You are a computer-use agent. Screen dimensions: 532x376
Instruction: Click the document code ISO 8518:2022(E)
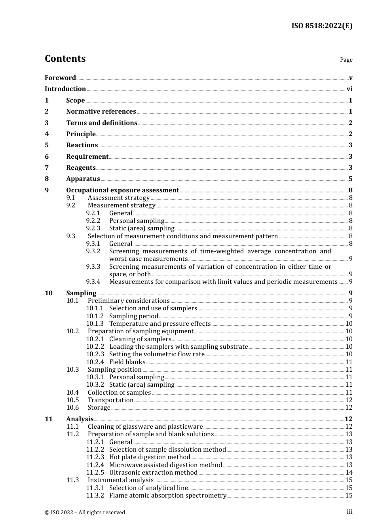click(x=322, y=26)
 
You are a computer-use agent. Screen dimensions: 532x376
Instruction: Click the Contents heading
click(x=65, y=59)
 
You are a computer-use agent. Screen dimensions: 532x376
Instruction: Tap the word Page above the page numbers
click(x=346, y=60)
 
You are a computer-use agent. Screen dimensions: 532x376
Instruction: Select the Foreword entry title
click(x=60, y=78)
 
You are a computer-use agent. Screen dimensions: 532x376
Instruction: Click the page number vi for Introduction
click(x=349, y=89)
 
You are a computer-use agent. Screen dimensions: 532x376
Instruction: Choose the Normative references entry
click(x=101, y=112)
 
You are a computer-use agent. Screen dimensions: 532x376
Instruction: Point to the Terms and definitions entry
click(x=102, y=123)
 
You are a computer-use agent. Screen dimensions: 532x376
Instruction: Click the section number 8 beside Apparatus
click(x=47, y=179)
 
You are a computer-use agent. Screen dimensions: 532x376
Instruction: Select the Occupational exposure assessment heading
click(x=122, y=190)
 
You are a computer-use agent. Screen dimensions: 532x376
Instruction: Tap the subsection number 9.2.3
click(x=93, y=228)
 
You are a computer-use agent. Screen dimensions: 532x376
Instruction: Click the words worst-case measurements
click(x=148, y=259)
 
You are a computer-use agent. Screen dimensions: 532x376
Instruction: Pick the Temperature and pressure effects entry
click(x=160, y=324)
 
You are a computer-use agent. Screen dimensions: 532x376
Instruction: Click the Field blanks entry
click(x=127, y=362)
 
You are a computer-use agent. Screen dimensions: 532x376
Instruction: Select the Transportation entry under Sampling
click(x=110, y=400)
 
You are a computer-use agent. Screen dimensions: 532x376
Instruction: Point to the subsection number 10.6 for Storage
click(x=72, y=408)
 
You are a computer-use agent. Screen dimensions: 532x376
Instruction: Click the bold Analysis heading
click(x=80, y=419)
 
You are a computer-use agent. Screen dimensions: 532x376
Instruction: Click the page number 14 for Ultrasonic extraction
click(x=349, y=473)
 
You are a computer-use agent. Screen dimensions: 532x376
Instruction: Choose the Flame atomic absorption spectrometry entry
click(x=167, y=496)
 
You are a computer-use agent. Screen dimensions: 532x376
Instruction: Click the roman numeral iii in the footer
click(x=349, y=512)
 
